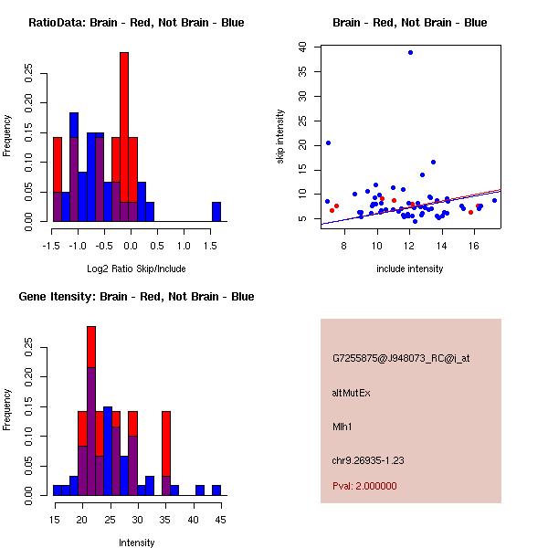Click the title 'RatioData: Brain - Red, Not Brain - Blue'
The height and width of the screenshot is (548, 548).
click(x=136, y=23)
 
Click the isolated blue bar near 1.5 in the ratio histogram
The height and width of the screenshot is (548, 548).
click(x=216, y=212)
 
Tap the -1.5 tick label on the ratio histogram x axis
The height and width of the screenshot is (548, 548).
click(x=53, y=246)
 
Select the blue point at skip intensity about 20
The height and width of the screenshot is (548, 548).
click(x=328, y=142)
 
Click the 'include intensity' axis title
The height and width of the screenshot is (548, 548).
click(x=410, y=269)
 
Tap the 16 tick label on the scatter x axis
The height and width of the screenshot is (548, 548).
click(x=474, y=245)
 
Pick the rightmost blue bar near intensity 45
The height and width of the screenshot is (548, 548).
click(x=216, y=490)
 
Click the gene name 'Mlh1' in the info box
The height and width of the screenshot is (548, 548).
click(x=344, y=426)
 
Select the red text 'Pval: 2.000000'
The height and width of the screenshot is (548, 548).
click(x=364, y=486)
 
